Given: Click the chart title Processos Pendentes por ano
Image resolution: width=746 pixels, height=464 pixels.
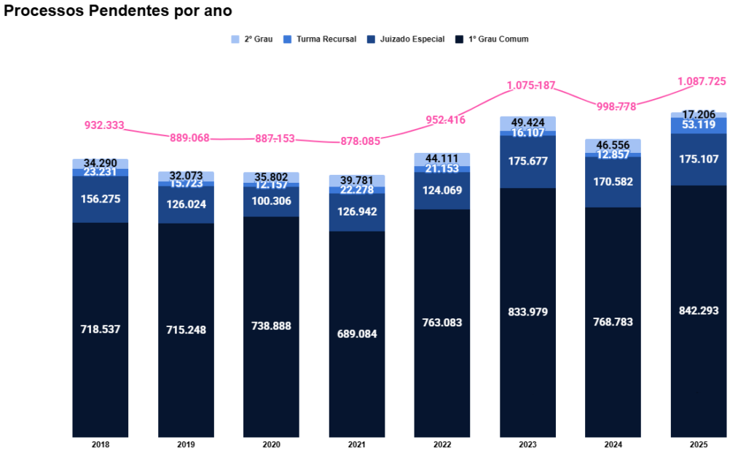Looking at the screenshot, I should pyautogui.click(x=118, y=12).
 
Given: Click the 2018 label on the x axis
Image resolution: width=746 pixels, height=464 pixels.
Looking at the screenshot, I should pyautogui.click(x=101, y=444).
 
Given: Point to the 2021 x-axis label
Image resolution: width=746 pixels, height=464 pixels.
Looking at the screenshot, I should pyautogui.click(x=357, y=444).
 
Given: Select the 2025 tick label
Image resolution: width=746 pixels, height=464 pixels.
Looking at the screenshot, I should pyautogui.click(x=699, y=444).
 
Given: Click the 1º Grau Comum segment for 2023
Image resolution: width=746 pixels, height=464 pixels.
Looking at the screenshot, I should pyautogui.click(x=527, y=364).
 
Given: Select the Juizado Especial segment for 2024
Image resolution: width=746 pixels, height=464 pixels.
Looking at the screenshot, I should pyautogui.click(x=613, y=182).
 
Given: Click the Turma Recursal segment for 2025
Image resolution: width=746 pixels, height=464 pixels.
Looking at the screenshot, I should pyautogui.click(x=699, y=125).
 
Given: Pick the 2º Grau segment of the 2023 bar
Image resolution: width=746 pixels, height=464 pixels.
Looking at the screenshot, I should pyautogui.click(x=527, y=122).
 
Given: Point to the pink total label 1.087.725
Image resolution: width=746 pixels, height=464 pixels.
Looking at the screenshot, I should pyautogui.click(x=702, y=82).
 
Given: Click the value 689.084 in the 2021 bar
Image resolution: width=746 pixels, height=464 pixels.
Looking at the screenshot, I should pyautogui.click(x=357, y=334).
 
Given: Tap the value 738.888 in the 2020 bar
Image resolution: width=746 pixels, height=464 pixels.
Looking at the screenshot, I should pyautogui.click(x=271, y=326).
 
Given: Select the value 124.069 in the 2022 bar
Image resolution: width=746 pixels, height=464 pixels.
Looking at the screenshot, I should pyautogui.click(x=442, y=191).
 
